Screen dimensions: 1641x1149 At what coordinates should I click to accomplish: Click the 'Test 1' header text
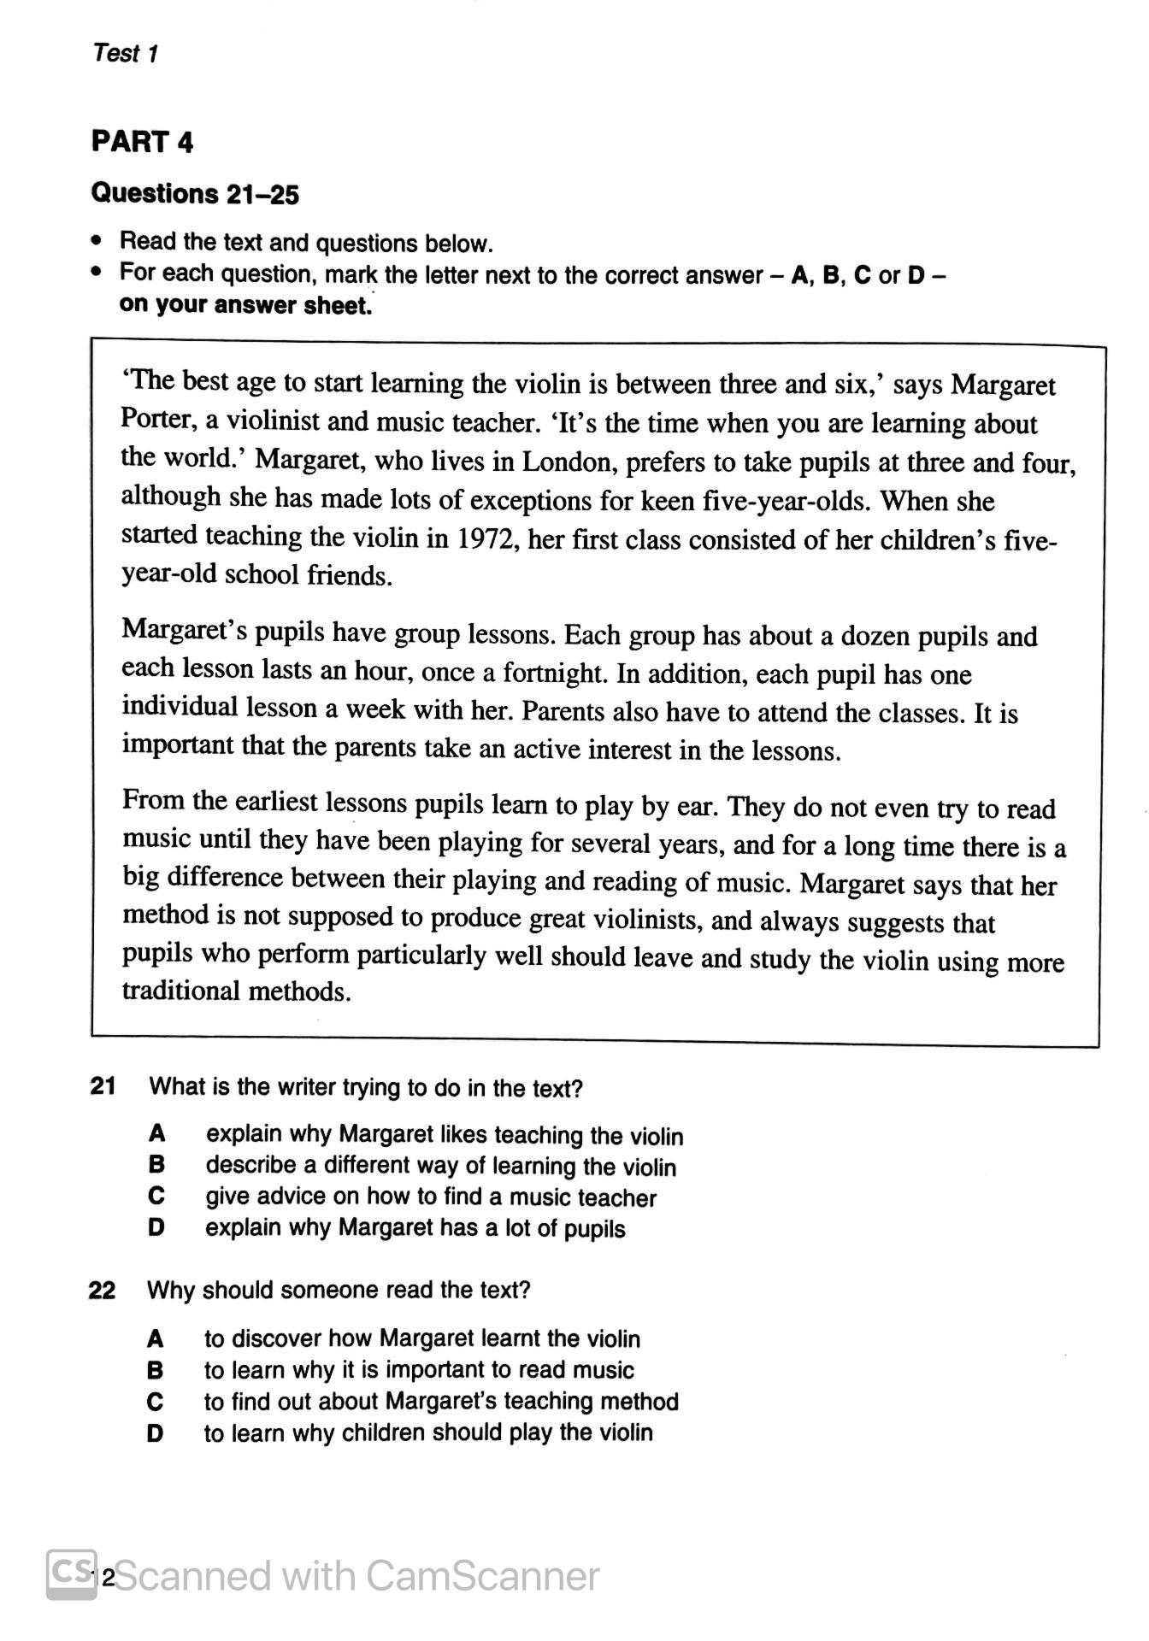pos(126,53)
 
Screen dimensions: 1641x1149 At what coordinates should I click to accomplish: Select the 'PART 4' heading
pos(143,141)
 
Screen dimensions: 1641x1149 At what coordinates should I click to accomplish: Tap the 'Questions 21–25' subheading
pos(195,194)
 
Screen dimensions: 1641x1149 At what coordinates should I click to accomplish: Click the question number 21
pos(103,1086)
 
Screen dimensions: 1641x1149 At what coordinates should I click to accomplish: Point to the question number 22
pos(102,1290)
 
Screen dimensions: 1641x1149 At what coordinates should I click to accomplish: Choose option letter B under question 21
pos(156,1164)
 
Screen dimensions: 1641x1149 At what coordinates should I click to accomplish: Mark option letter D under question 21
pos(156,1228)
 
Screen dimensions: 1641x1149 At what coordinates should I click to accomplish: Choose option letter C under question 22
pos(155,1402)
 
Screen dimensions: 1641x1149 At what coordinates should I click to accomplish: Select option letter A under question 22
pos(155,1338)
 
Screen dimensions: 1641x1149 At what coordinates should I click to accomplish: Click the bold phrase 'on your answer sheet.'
pos(246,306)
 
